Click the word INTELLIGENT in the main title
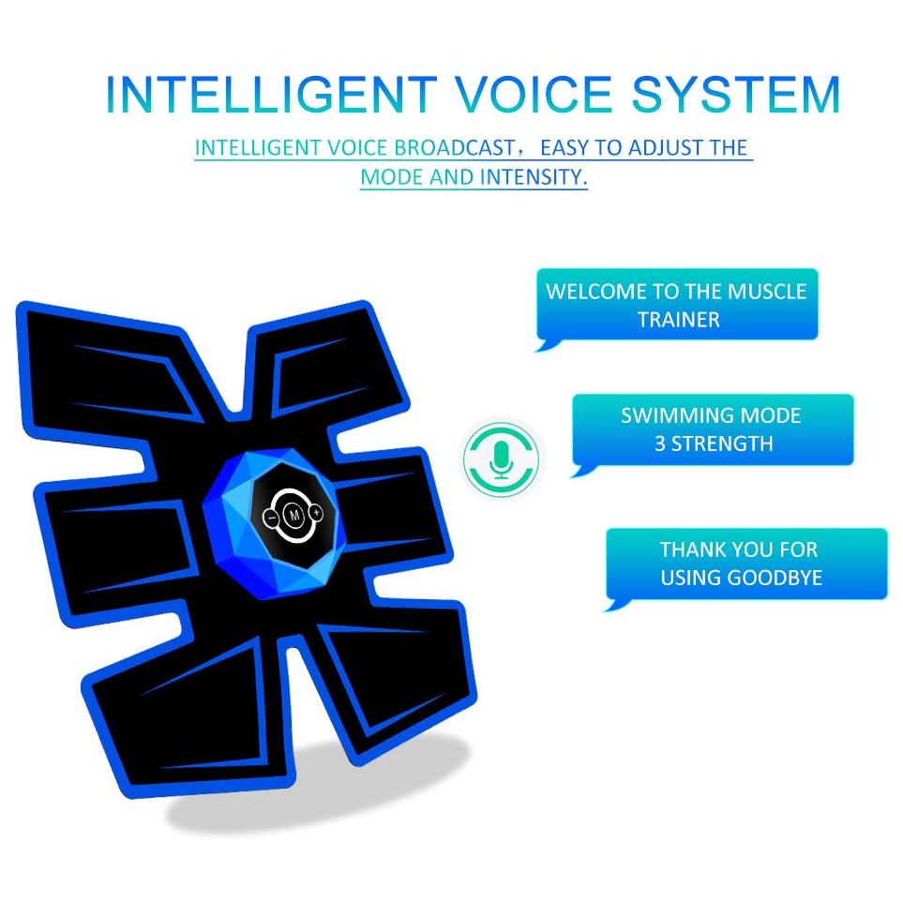pyautogui.click(x=271, y=95)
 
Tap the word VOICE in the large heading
pyautogui.click(x=534, y=95)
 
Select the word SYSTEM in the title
pyautogui.click(x=736, y=95)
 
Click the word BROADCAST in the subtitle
pyautogui.click(x=455, y=148)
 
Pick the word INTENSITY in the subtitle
pyautogui.click(x=534, y=177)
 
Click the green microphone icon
pyautogui.click(x=502, y=458)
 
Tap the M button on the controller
pyautogui.click(x=294, y=515)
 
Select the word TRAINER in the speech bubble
pyautogui.click(x=678, y=320)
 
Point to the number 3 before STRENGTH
pyautogui.click(x=659, y=444)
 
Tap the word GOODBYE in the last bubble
pyautogui.click(x=773, y=578)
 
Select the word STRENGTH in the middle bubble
pyautogui.click(x=722, y=444)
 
